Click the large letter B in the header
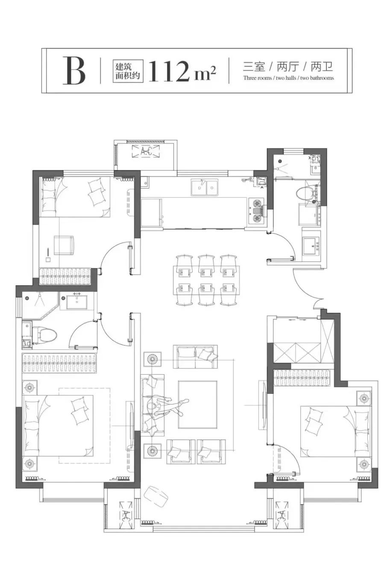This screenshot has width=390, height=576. [74, 70]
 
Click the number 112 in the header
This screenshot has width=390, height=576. [172, 71]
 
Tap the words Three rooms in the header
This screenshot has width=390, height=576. [257, 78]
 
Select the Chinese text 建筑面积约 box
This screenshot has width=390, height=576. [128, 71]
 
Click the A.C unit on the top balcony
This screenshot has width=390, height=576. [145, 151]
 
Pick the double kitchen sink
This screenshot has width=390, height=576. [205, 187]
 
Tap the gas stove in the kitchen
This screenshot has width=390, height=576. [256, 210]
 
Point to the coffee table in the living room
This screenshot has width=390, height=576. [197, 404]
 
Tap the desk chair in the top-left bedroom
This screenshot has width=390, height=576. [64, 245]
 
